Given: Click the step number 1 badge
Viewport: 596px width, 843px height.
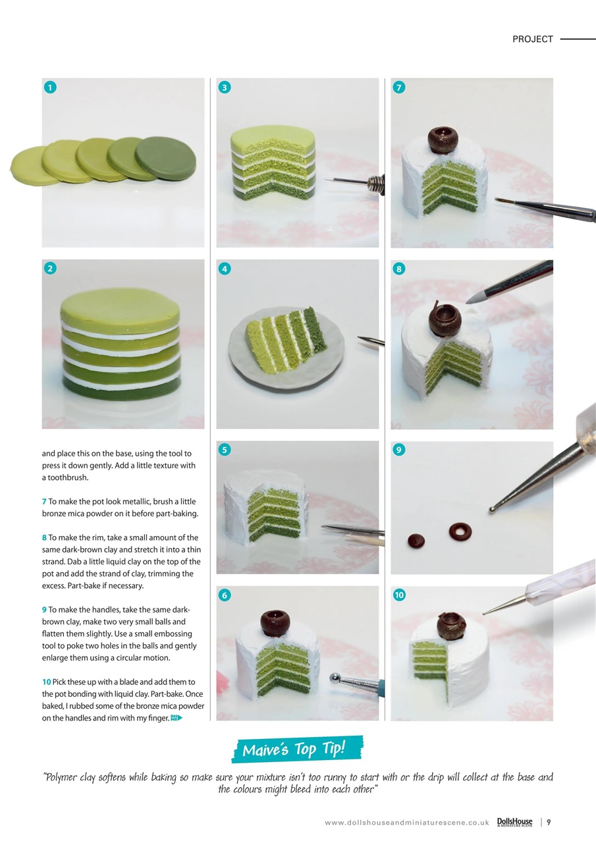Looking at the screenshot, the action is coord(50,88).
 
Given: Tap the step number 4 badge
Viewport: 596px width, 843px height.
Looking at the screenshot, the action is coord(225,269).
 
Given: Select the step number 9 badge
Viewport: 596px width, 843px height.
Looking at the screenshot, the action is coord(399,450).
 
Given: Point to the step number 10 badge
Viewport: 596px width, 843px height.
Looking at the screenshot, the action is coord(399,595).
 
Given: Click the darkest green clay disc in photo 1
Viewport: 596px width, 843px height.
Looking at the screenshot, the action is coord(166,157).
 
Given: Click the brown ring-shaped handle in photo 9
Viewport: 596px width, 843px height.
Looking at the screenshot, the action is coord(460,531).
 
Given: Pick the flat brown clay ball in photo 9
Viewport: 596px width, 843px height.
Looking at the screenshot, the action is coord(416,541).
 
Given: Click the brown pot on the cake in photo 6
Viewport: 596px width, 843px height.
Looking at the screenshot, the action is coord(275,623).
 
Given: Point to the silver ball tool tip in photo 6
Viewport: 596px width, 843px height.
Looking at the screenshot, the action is coord(335,679).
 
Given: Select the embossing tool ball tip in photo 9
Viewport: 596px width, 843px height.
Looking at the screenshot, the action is coord(492,510).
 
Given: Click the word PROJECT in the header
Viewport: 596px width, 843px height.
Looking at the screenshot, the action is coord(532,39).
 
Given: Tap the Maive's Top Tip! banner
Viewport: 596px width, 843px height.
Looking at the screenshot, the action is coord(297,749).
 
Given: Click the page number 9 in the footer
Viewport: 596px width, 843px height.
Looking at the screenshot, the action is coord(549,823).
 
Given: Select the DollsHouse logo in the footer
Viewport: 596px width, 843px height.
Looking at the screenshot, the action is coord(515,823).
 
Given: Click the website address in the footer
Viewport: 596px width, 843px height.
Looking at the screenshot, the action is coord(407,823).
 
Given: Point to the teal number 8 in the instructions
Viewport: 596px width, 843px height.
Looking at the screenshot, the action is coord(44,537).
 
